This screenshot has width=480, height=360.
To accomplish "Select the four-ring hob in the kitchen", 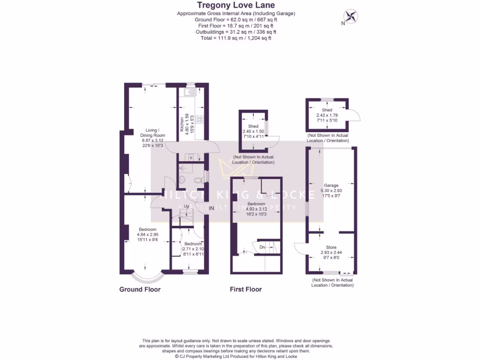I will coord(199,120).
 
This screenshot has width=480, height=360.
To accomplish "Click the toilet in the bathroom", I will coord(198,179).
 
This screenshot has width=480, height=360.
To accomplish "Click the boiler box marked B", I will coord(191,157).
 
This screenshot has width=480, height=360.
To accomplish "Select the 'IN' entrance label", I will coord(212,208).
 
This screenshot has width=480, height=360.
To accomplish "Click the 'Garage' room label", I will coord(331,185).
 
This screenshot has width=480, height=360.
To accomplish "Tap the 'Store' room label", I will coord(331,247).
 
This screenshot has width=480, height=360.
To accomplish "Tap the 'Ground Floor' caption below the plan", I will coord(140,289).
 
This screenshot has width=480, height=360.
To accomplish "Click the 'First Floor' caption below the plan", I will coord(246,289).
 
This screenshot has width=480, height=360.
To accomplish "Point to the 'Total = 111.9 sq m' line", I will coord(236,38).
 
